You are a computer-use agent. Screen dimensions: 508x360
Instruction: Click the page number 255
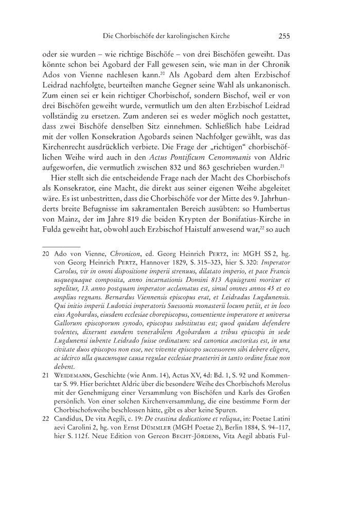click(x=285, y=37)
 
